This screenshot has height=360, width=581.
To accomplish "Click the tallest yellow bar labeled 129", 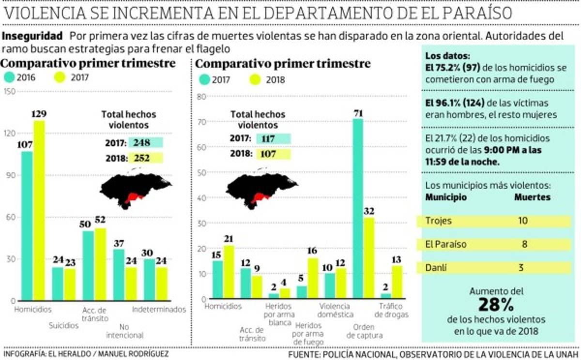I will tap(39, 210).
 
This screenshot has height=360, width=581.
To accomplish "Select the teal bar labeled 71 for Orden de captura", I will tap(358, 208).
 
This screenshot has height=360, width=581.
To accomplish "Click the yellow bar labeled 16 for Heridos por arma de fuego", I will tap(313, 278).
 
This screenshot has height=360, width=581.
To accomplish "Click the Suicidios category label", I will tap(63, 326).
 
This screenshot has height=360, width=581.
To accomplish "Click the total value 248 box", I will tap(145, 143).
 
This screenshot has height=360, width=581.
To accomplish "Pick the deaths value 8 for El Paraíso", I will tap(524, 244).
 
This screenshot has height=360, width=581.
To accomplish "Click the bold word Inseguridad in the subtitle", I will tap(32, 36).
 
